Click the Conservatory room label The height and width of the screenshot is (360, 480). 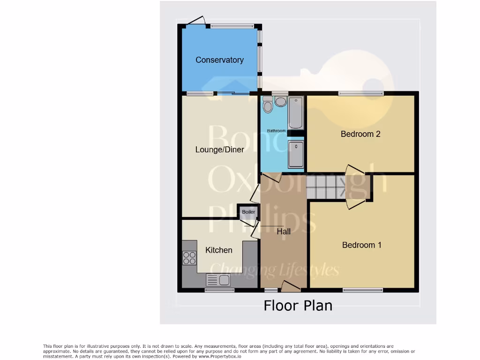[219, 60]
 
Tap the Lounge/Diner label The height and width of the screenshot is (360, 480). [219, 150]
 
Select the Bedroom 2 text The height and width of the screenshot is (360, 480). [360, 134]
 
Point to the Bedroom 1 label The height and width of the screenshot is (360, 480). [361, 245]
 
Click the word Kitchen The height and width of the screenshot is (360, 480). [218, 250]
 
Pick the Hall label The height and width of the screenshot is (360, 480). [284, 231]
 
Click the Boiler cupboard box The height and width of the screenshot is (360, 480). [248, 212]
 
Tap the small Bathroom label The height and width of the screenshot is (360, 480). [276, 131]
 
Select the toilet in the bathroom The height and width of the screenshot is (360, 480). [268, 105]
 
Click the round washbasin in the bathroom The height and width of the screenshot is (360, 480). [281, 102]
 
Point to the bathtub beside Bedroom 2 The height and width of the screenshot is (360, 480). [296, 112]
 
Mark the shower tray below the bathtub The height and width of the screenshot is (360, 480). [296, 155]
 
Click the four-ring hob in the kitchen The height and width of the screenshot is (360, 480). [189, 258]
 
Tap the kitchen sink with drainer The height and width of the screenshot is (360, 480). [218, 280]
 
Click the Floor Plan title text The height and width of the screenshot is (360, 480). [298, 306]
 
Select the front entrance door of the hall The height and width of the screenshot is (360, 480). [291, 286]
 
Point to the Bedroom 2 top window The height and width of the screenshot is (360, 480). [360, 93]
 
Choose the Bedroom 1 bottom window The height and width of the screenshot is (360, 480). [362, 290]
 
